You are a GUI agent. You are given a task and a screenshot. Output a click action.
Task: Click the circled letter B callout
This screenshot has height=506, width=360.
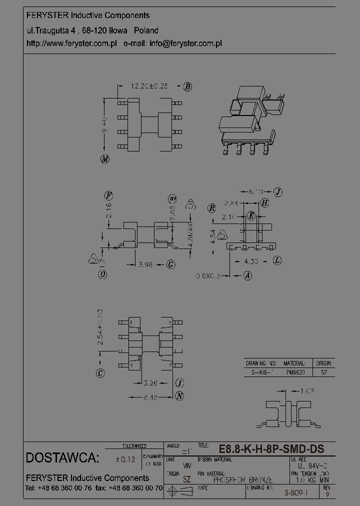(187, 86)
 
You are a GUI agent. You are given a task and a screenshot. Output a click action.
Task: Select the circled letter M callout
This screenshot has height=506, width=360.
(104, 159)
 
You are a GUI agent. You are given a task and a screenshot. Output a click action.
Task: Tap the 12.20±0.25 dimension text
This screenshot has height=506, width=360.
(148, 86)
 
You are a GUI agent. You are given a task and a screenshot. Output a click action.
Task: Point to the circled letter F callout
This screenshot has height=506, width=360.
(108, 195)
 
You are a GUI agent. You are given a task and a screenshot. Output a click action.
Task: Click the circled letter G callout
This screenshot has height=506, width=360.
(170, 264)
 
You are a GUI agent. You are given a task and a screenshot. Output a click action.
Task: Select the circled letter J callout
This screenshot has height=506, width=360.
(278, 191)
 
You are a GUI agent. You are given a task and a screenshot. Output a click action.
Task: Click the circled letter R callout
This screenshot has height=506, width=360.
(212, 208)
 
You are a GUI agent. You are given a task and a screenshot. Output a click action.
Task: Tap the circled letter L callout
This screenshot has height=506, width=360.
(277, 260)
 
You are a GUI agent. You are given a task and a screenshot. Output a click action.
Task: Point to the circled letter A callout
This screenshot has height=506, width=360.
(247, 275)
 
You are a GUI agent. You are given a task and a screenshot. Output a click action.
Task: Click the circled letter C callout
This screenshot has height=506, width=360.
(100, 373)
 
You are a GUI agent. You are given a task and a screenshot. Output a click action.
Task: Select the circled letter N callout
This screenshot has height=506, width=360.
(179, 396)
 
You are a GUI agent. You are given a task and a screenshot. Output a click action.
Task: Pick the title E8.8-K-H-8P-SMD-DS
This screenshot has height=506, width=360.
(271, 449)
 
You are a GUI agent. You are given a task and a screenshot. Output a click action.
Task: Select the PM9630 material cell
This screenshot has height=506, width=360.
(294, 372)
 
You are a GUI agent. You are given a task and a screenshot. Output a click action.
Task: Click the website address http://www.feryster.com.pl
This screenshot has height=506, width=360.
(71, 43)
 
